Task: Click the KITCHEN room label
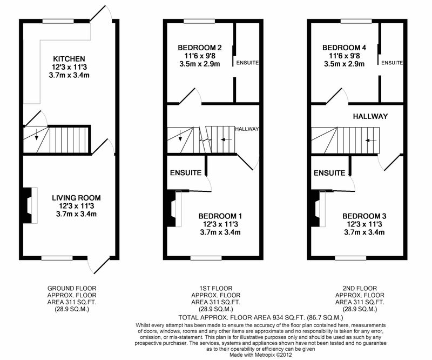click(69, 59)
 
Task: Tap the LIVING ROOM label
click(76, 198)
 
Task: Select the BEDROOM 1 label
click(220, 216)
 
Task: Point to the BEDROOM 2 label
click(199, 48)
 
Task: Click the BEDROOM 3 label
click(364, 216)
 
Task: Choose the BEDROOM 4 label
click(344, 48)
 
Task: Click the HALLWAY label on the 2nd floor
click(370, 116)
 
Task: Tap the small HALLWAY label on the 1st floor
click(247, 129)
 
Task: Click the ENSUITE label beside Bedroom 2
click(247, 63)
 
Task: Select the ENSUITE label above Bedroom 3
click(329, 173)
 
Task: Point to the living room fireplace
click(30, 205)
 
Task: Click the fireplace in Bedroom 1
click(174, 209)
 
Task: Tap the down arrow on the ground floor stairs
click(36, 135)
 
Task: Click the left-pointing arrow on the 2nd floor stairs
click(371, 141)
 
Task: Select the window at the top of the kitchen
click(58, 21)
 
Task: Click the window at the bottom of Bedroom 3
click(350, 258)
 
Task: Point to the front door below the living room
click(99, 265)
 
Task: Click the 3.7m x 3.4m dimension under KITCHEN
click(69, 75)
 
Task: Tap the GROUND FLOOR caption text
click(72, 289)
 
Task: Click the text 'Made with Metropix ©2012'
click(261, 355)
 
